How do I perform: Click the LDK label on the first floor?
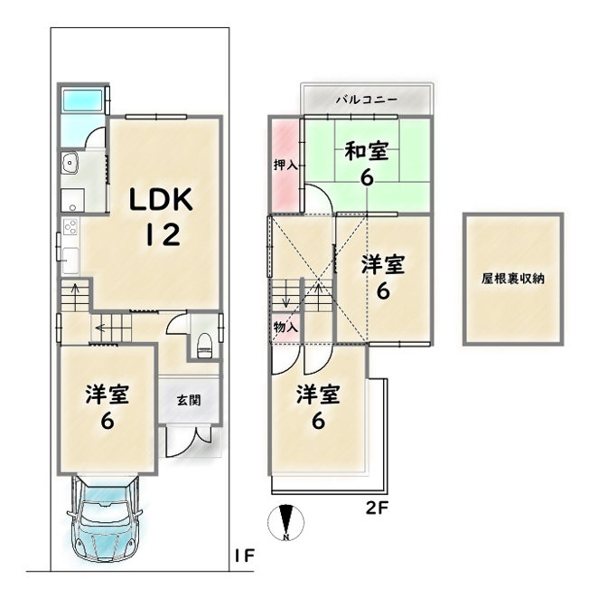click(162, 199)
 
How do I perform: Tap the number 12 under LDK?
click(163, 234)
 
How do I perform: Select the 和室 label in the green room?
click(367, 151)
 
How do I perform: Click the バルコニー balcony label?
click(367, 100)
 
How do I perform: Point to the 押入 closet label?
click(285, 165)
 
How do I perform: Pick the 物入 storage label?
click(285, 327)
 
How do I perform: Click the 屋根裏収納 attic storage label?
click(513, 279)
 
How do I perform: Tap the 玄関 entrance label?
click(189, 400)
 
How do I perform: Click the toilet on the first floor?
click(204, 346)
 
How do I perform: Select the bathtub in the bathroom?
click(83, 100)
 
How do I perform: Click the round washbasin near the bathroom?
click(70, 163)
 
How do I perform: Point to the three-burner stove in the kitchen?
click(70, 227)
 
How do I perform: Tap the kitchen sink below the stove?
click(70, 261)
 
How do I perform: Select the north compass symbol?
click(286, 523)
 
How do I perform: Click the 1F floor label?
click(245, 556)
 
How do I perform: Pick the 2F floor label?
click(377, 508)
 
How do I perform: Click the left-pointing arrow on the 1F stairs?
click(100, 328)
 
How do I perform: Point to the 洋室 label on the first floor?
click(108, 395)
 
